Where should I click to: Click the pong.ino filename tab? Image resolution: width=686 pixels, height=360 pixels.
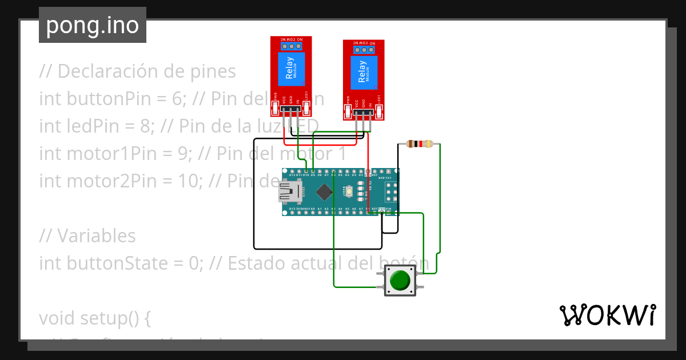(92, 25)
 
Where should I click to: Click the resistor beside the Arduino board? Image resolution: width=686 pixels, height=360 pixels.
(421, 144)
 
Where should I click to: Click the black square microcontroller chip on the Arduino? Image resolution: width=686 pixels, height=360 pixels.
(324, 191)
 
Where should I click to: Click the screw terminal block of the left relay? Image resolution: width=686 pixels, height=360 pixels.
(291, 46)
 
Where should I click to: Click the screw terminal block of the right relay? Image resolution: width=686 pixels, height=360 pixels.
(364, 50)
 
